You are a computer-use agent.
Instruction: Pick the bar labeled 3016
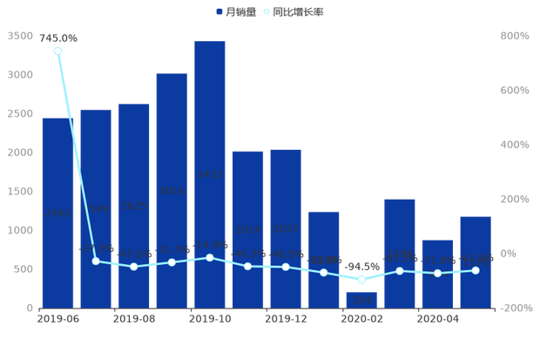click(x=172, y=189)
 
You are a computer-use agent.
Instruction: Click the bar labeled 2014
click(x=248, y=228)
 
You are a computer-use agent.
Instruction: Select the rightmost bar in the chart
click(x=476, y=261)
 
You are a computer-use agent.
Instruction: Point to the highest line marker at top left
click(x=57, y=51)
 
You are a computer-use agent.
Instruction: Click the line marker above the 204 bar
click(x=362, y=280)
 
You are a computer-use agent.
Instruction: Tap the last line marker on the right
click(x=476, y=270)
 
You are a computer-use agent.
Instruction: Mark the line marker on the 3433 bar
click(x=210, y=257)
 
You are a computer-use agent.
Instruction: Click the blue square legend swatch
click(x=219, y=12)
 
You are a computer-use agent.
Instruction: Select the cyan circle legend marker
click(x=266, y=12)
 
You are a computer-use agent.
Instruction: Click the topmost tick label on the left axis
click(x=20, y=36)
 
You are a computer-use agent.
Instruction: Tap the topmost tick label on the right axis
click(x=515, y=36)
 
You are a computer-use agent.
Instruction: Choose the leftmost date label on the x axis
click(x=58, y=319)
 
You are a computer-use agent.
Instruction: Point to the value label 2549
click(x=95, y=209)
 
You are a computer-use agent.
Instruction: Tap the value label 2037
click(x=286, y=228)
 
